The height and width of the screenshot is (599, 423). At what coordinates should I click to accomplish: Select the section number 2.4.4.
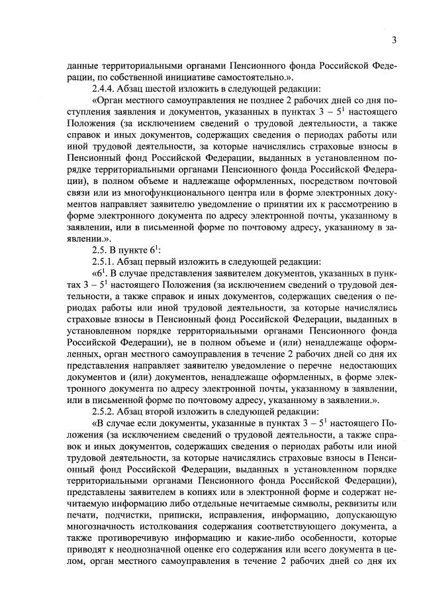pyautogui.click(x=107, y=88)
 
